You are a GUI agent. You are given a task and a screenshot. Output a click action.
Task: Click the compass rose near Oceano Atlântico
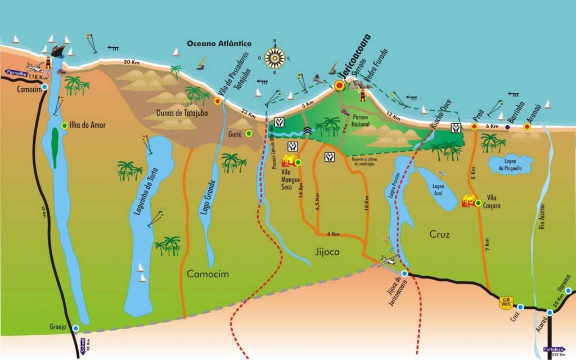[x=275, y=56]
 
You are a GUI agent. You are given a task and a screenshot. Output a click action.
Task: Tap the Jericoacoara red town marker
[x=339, y=85]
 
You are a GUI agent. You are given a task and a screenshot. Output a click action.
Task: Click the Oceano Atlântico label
[x=219, y=44]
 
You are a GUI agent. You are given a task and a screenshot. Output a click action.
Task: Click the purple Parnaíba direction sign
[x=17, y=72]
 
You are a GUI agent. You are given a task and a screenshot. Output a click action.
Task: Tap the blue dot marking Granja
[x=76, y=328]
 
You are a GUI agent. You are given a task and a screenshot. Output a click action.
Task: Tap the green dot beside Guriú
[x=248, y=133]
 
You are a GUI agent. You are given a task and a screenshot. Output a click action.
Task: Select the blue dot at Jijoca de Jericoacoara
[x=404, y=273]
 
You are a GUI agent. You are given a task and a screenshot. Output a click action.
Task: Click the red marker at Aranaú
[x=527, y=127]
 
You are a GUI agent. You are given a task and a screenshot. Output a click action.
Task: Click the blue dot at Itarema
[x=569, y=291]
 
